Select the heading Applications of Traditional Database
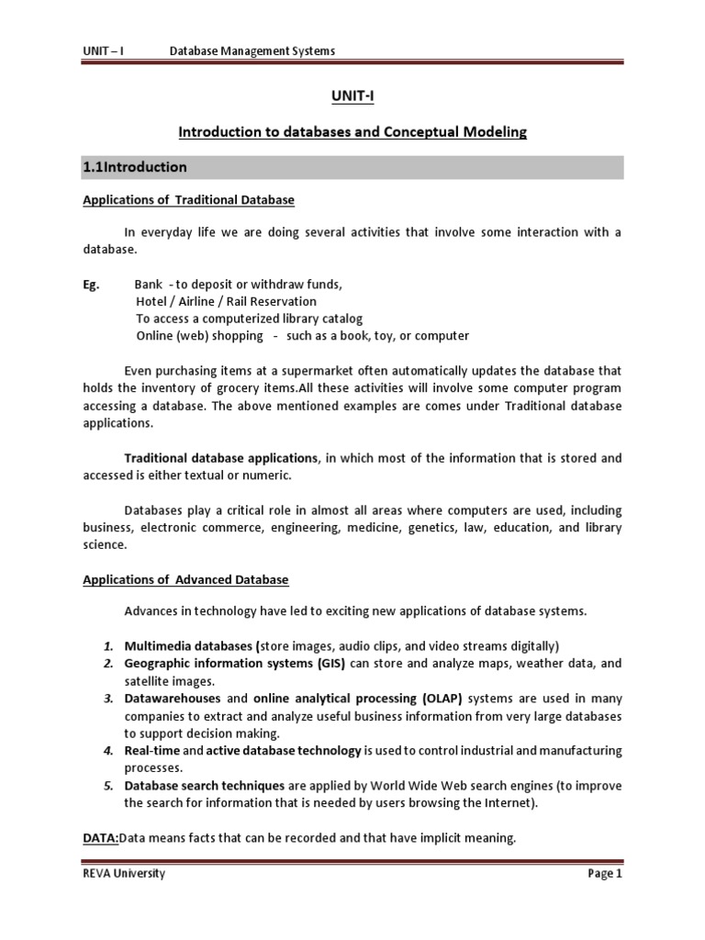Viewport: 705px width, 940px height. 188,200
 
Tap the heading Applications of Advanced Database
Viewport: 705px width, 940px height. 185,580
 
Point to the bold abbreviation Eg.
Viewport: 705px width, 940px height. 90,285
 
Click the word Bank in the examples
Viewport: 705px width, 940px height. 149,285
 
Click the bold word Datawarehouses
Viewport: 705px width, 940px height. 173,699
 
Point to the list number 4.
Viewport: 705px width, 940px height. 106,751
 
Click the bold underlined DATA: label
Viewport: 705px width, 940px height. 101,837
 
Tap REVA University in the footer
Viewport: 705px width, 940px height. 124,874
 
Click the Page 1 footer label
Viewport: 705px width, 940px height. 604,874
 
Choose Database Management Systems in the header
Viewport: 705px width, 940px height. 252,51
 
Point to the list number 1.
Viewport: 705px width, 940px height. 106,645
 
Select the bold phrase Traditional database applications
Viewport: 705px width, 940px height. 221,457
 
